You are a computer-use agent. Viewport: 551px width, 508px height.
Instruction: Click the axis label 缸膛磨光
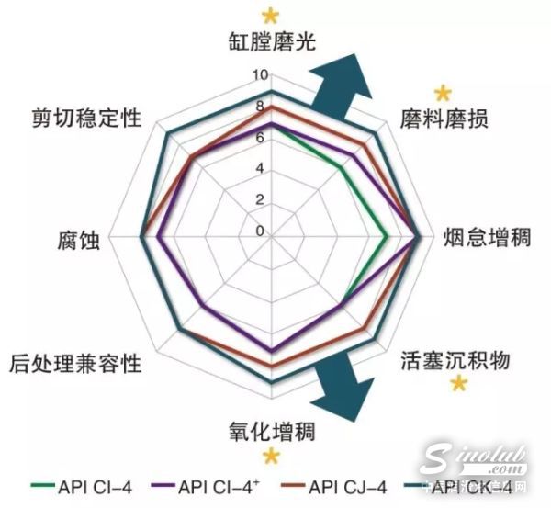tap(271, 43)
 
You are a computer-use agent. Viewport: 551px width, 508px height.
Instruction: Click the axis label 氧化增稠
tap(271, 430)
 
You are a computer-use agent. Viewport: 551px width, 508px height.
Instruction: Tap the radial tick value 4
tap(259, 168)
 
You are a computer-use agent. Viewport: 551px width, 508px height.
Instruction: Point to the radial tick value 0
tap(259, 231)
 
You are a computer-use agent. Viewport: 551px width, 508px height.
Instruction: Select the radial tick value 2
tap(259, 199)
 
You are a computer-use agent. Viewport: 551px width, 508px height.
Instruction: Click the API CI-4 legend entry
tap(82, 487)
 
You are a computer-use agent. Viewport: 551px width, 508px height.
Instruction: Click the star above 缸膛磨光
tap(270, 15)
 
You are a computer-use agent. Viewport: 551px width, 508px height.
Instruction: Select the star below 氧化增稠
tap(270, 457)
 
